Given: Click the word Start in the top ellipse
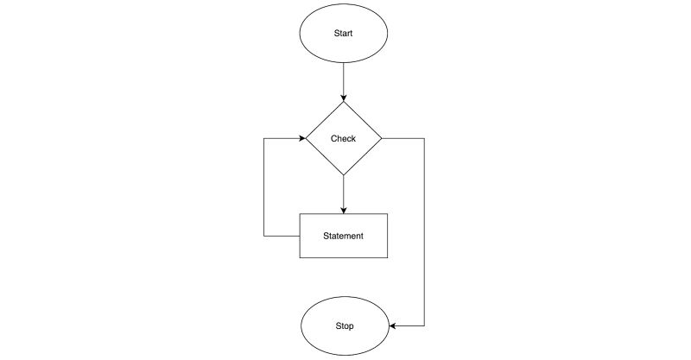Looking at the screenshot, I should (x=344, y=33).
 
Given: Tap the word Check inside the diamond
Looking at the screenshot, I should (x=343, y=138).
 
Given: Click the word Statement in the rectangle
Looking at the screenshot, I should (x=343, y=236).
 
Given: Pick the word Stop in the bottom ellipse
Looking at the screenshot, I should (x=344, y=326).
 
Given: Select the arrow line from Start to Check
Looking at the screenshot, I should (x=344, y=82).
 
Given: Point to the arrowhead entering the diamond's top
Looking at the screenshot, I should (x=344, y=98).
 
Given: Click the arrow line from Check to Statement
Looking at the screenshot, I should (x=344, y=192).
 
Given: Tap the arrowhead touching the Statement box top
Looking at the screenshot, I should (x=344, y=209).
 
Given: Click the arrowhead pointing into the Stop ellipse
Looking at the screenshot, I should (x=392, y=326).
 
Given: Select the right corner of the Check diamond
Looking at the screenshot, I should (x=382, y=138).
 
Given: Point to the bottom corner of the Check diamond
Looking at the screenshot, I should (x=344, y=176).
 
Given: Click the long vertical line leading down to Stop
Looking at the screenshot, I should (x=425, y=233).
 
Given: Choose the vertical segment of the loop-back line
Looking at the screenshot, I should (x=263, y=186).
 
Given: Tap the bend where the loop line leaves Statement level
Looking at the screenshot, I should (x=263, y=236).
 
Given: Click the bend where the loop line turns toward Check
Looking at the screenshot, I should (x=263, y=138).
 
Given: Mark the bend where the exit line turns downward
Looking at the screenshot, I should (x=425, y=138).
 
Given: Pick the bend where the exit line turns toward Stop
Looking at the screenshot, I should (x=425, y=326).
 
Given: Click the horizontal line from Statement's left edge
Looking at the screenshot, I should (x=281, y=236).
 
